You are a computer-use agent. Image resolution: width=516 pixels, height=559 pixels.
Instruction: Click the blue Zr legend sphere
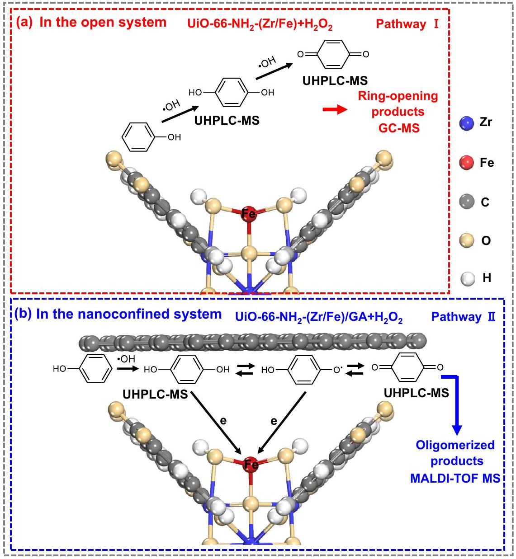466,123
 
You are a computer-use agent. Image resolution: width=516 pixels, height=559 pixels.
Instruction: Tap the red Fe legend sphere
466,163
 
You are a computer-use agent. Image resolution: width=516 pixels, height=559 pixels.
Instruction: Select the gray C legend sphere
466,202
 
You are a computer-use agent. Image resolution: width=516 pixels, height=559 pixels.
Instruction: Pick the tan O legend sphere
466,240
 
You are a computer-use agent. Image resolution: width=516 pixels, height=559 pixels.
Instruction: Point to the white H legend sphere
466,278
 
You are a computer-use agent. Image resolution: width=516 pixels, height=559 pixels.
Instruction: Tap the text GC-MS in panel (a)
399,128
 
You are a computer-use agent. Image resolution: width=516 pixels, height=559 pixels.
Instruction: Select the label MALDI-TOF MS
455,478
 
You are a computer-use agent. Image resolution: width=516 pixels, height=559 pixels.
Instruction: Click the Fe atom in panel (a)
248,213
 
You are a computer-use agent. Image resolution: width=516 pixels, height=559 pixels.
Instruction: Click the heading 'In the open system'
103,23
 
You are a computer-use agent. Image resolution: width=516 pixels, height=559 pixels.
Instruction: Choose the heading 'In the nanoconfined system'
129,314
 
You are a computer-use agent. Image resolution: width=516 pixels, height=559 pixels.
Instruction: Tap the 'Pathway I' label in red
407,24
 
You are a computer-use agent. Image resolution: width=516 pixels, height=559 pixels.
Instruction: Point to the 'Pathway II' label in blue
463,317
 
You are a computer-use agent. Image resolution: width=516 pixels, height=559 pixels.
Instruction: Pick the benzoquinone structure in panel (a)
333,54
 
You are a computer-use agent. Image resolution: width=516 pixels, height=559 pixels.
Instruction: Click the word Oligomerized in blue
455,445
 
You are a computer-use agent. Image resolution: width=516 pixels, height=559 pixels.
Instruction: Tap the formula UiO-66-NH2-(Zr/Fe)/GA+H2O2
318,318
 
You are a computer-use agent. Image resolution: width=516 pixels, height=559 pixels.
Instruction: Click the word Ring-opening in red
398,96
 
